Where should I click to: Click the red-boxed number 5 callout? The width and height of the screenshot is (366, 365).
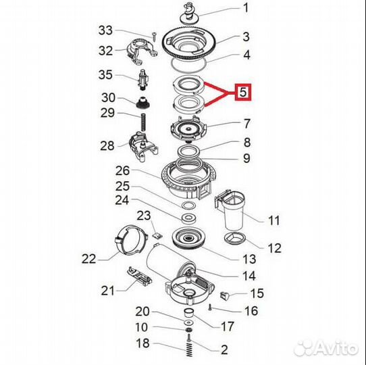click(243, 92)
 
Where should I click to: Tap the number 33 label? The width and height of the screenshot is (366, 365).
click(105, 30)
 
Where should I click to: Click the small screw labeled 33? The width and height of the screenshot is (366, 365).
click(154, 36)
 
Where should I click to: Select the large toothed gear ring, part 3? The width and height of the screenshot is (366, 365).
click(189, 44)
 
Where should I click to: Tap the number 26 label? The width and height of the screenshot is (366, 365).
click(122, 171)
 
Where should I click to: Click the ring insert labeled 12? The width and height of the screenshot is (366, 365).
click(235, 239)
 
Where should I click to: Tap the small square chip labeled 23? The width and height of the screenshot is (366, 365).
click(157, 235)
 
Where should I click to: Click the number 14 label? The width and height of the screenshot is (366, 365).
click(249, 276)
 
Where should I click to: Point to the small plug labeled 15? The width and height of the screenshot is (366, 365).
click(225, 296)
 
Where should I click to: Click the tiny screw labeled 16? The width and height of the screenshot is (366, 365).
click(210, 307)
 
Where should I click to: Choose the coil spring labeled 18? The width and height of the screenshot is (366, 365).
click(189, 350)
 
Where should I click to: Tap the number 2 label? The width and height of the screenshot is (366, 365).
click(224, 350)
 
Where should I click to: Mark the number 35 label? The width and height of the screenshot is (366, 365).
click(105, 75)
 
